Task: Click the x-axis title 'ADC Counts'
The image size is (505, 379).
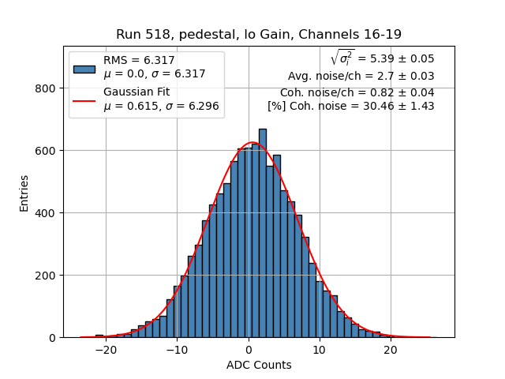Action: (x=259, y=365)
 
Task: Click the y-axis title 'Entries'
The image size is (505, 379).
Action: (x=24, y=193)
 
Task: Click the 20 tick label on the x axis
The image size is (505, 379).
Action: (x=391, y=350)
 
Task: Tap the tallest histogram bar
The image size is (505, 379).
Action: (x=263, y=237)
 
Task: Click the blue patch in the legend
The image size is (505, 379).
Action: (x=84, y=68)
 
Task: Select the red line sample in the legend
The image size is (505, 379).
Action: (x=84, y=100)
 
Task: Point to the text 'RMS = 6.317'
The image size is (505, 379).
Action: (x=139, y=60)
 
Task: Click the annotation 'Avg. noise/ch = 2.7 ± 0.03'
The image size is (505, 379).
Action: (x=361, y=77)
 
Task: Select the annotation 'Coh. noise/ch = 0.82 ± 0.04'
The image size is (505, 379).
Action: (x=357, y=92)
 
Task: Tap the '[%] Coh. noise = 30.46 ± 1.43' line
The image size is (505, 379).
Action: (x=350, y=106)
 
